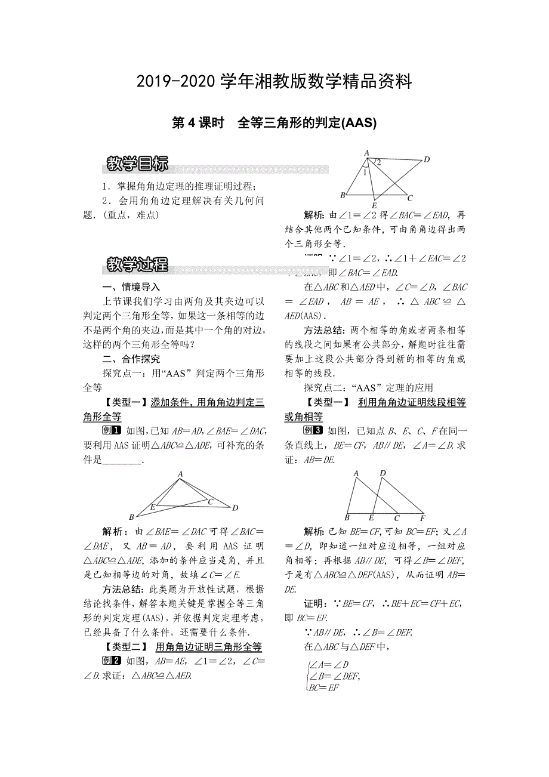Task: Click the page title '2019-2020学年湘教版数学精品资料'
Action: coord(274,81)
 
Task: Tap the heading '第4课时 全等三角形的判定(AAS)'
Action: coord(274,123)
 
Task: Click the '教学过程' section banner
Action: coord(137,264)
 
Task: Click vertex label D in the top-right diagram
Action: coord(427,159)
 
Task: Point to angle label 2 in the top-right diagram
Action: coord(378,162)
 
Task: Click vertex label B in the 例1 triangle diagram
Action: coord(132,517)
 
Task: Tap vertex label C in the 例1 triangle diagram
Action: coord(210,502)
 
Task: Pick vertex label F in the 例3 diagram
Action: coord(422,518)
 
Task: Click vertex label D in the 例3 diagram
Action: coord(383,473)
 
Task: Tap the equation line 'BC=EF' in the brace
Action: coord(323,687)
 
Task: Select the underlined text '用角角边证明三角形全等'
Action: coord(208,647)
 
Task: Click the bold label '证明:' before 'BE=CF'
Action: coord(316,604)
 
